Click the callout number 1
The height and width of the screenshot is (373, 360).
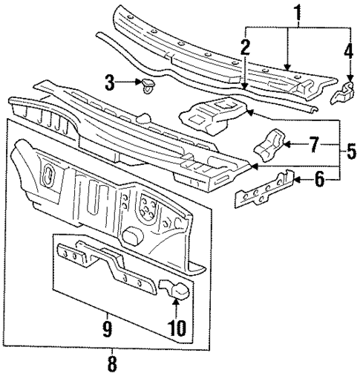pyautogui.click(x=299, y=13)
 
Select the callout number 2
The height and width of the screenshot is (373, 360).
pyautogui.click(x=245, y=49)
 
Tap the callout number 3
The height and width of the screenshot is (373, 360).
pyautogui.click(x=109, y=83)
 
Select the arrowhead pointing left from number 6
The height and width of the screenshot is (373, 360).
pyautogui.click(x=295, y=179)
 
